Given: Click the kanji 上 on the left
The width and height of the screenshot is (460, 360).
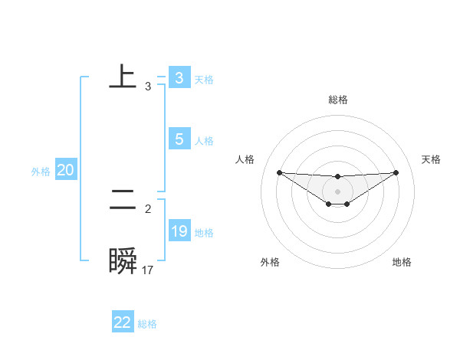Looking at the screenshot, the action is point(123,77).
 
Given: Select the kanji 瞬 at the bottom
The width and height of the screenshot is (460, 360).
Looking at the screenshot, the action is point(123,261).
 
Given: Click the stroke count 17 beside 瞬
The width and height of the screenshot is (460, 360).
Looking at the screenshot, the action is point(148,270).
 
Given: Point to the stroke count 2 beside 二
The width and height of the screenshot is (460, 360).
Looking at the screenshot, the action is point(148,208).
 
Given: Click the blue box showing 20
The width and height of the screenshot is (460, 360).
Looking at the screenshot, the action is point(65,171).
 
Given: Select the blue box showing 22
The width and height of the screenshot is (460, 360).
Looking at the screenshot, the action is point(123,322).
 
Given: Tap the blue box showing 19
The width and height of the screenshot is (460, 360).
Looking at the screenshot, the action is point(179,231).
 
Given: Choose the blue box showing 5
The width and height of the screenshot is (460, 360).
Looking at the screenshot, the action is point(179,139).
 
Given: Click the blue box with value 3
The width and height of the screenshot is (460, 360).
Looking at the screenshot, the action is point(179,78).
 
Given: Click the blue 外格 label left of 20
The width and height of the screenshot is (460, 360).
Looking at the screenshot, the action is point(41,172).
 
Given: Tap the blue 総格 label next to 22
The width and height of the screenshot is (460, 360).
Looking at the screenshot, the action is point(147,324).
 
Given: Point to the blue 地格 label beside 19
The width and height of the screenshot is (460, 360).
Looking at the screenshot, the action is point(204,233).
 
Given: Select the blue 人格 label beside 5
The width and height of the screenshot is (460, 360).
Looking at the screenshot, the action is point(204,141).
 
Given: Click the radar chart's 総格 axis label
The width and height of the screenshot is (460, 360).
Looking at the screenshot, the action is point(338,100).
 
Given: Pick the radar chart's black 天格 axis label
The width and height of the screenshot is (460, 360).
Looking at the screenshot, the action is point(431,159).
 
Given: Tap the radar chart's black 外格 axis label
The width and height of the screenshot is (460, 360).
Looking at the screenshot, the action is point(270,262).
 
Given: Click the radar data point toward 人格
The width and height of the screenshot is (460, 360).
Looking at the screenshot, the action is point(279,172).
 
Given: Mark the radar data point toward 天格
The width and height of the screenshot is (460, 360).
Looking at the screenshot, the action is point(396,172).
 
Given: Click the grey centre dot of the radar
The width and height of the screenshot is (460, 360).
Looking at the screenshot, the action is point(338,191).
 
